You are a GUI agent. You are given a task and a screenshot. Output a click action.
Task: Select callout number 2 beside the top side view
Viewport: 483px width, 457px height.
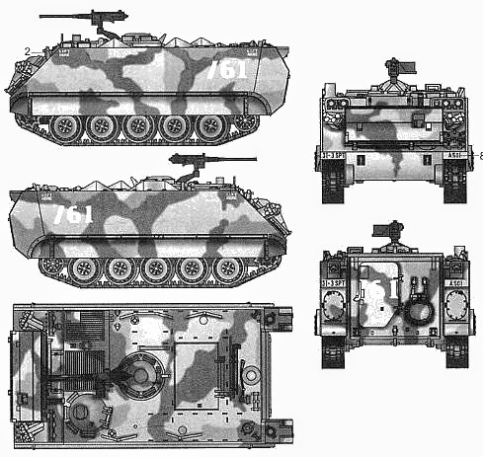pos(30,50)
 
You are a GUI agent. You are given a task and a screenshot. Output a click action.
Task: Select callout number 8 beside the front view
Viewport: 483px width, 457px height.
pos(480,155)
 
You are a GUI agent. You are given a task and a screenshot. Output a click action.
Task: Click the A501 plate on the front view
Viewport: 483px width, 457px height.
pos(451,154)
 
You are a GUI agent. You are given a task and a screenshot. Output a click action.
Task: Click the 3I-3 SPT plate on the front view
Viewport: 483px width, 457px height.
pos(334,154)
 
